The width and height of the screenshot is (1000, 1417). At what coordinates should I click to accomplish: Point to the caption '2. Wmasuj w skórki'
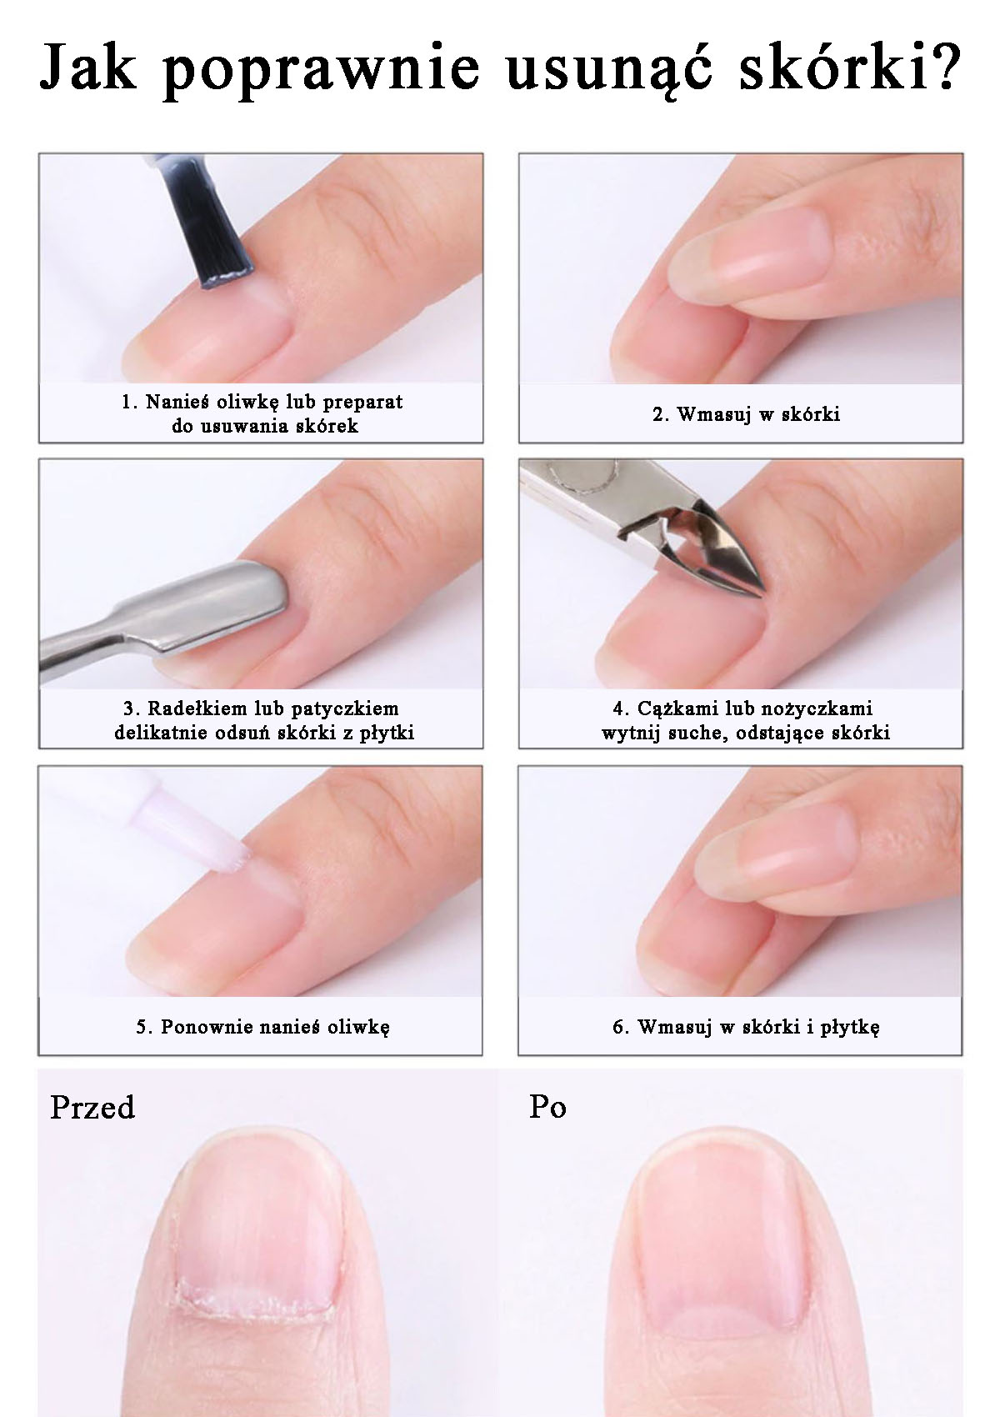(746, 414)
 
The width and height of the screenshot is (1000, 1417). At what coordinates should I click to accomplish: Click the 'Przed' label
(92, 1108)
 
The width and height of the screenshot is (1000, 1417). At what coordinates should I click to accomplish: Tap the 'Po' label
(547, 1107)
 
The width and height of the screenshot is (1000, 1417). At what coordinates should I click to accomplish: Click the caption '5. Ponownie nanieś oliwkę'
(262, 1026)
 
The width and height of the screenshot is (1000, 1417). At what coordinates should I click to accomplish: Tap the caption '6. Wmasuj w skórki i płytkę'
(746, 1026)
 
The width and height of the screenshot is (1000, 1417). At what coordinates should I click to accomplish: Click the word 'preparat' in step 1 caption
(362, 402)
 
